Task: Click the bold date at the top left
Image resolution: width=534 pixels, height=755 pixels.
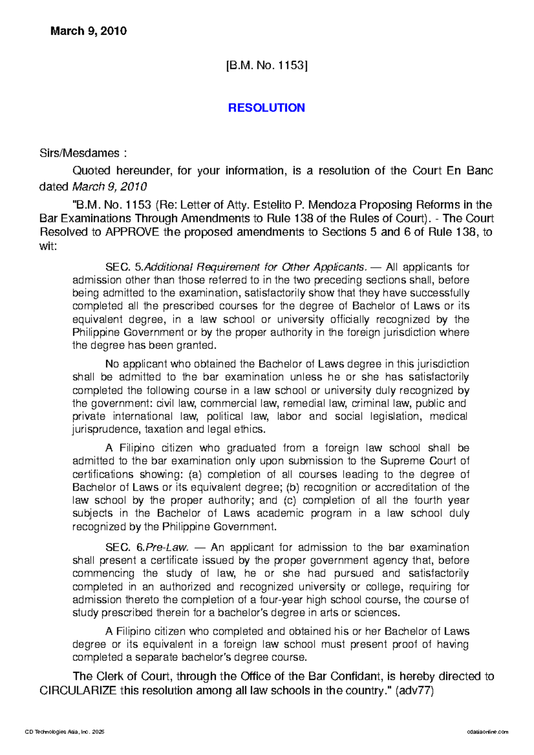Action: point(89,31)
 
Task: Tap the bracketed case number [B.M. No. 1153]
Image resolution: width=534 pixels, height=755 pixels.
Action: point(267,66)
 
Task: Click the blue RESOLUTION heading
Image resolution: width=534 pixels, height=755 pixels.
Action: point(266,108)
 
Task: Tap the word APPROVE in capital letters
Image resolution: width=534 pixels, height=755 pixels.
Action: point(132,232)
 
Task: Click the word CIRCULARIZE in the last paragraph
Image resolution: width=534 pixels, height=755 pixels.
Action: point(78,691)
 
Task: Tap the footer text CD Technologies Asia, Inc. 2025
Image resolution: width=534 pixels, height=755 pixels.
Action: point(65,732)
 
